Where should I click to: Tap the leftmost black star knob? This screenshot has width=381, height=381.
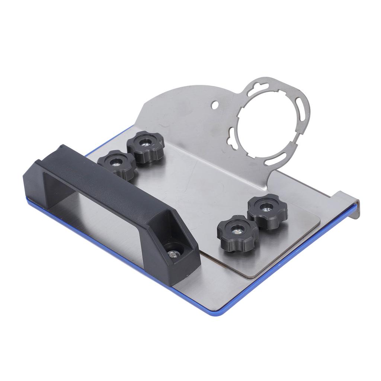pyautogui.click(x=116, y=164)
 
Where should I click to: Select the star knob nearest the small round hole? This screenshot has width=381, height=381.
pyautogui.click(x=145, y=146)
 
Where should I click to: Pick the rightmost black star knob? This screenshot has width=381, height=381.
pyautogui.click(x=267, y=211)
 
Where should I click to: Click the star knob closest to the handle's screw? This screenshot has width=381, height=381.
pyautogui.click(x=237, y=233)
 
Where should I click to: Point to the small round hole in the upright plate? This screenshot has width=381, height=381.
pyautogui.click(x=215, y=105)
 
